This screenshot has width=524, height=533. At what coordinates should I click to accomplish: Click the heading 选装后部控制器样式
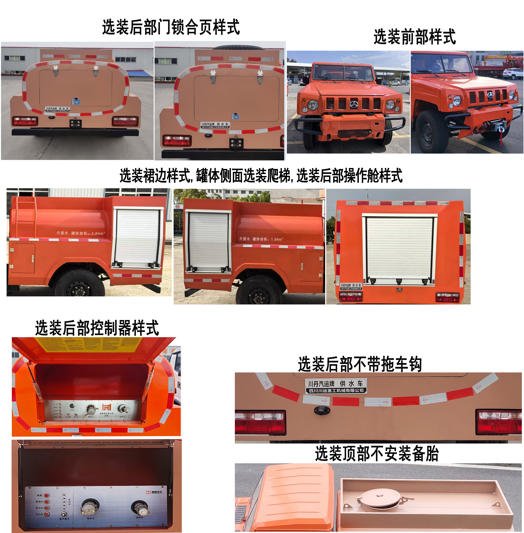(97, 328)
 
